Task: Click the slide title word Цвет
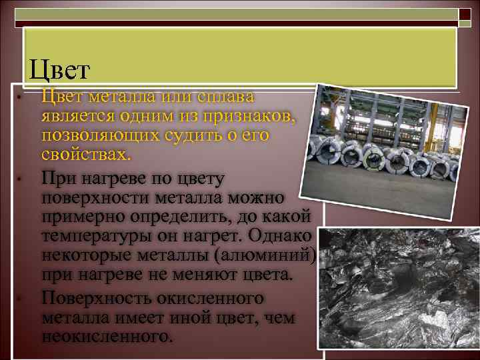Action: click(59, 69)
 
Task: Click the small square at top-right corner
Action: click(464, 13)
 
